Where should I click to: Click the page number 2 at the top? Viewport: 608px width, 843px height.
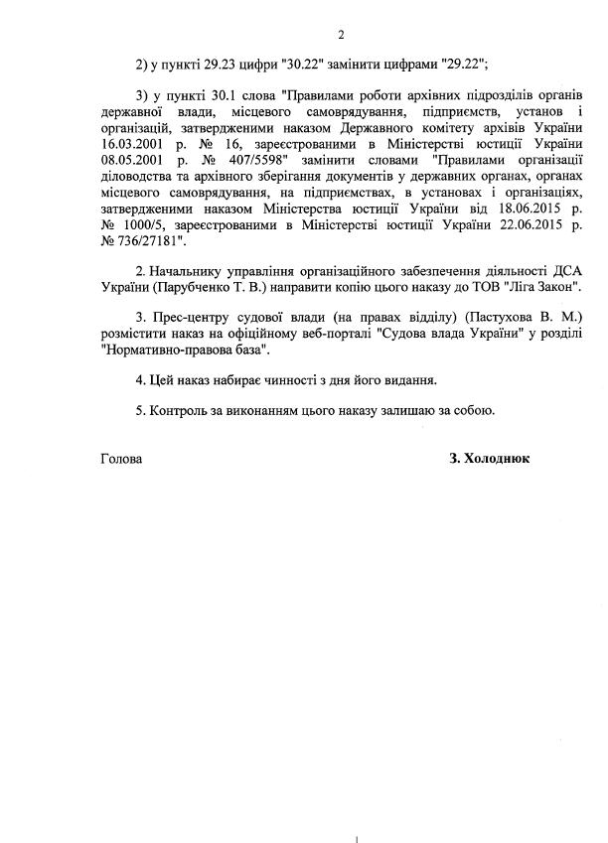341,37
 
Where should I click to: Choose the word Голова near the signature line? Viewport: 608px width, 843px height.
121,459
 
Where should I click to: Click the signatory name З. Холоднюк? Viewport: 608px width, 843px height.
490,459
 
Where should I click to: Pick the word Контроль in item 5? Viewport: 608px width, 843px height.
181,409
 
